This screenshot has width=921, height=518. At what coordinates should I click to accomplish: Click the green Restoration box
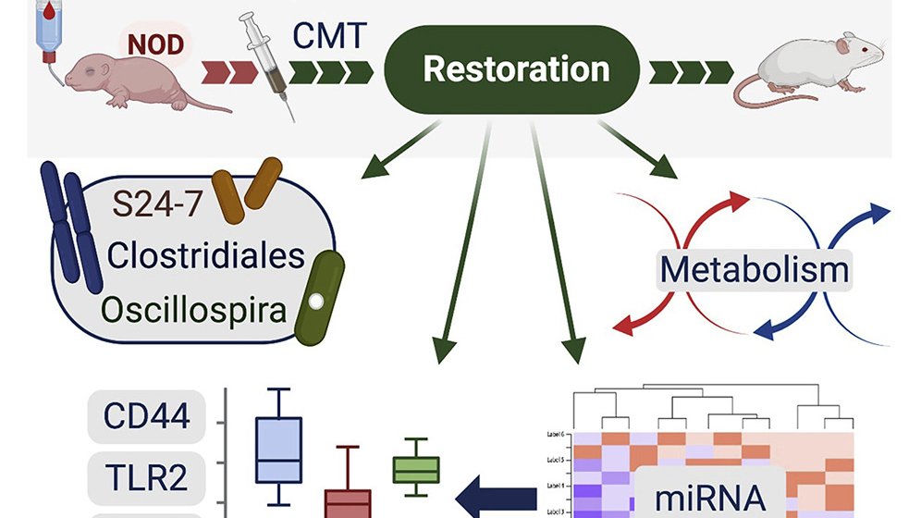(516, 69)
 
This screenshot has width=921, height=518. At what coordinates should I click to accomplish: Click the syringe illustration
(269, 65)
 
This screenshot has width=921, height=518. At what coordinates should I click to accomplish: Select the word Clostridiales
(205, 254)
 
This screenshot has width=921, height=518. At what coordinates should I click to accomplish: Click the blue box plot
(277, 450)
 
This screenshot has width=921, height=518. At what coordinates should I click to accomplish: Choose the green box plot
(416, 470)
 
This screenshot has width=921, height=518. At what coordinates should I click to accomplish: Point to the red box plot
(347, 499)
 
